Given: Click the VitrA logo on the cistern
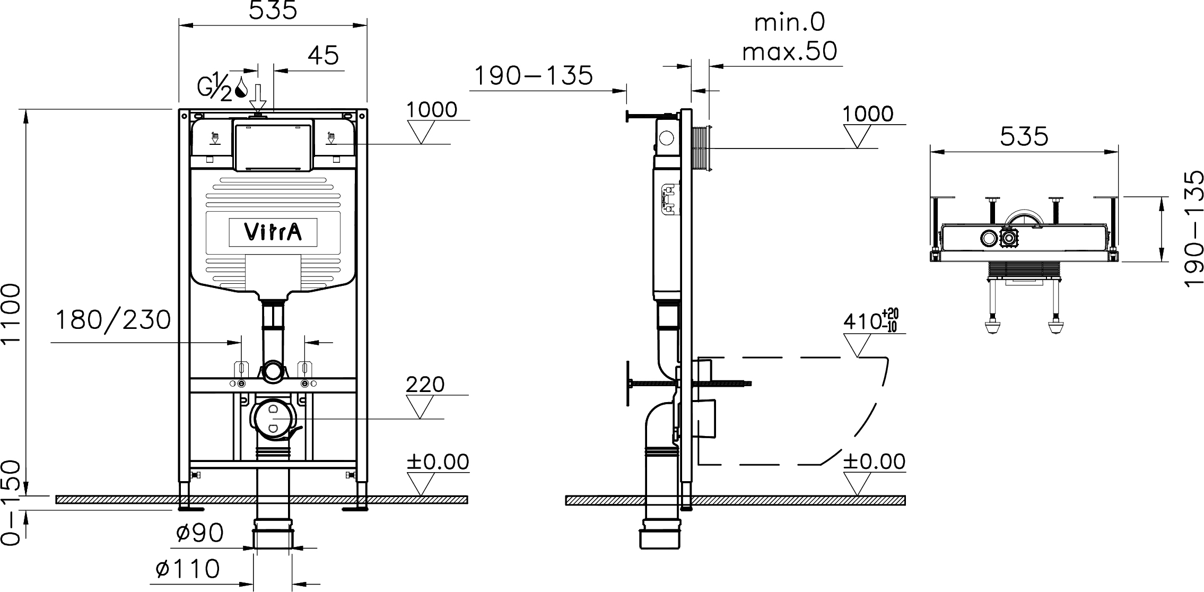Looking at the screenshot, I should coord(273,232).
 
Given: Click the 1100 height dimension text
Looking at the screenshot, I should coord(12,314).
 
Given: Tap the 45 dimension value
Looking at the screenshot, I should coord(324,55).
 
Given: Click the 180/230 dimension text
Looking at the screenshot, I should coord(114,320).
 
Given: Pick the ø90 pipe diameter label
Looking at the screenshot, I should coord(199,533).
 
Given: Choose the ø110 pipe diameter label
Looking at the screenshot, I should coord(188,569).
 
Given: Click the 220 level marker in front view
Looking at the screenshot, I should coord(425,384).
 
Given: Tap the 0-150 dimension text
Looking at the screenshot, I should coord(12,502).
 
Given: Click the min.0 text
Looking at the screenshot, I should coord(789,23).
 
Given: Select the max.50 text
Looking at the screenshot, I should coord(789,51).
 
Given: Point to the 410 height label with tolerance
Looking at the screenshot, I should coord(870,321).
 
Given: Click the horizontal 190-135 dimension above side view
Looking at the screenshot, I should coord(533,76).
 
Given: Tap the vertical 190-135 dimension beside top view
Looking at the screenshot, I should coord(1193,229).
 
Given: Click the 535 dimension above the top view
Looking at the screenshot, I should coord(1024,137).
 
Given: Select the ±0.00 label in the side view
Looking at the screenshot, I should coord(874,462).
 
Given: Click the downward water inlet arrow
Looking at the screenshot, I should coord(258,97).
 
